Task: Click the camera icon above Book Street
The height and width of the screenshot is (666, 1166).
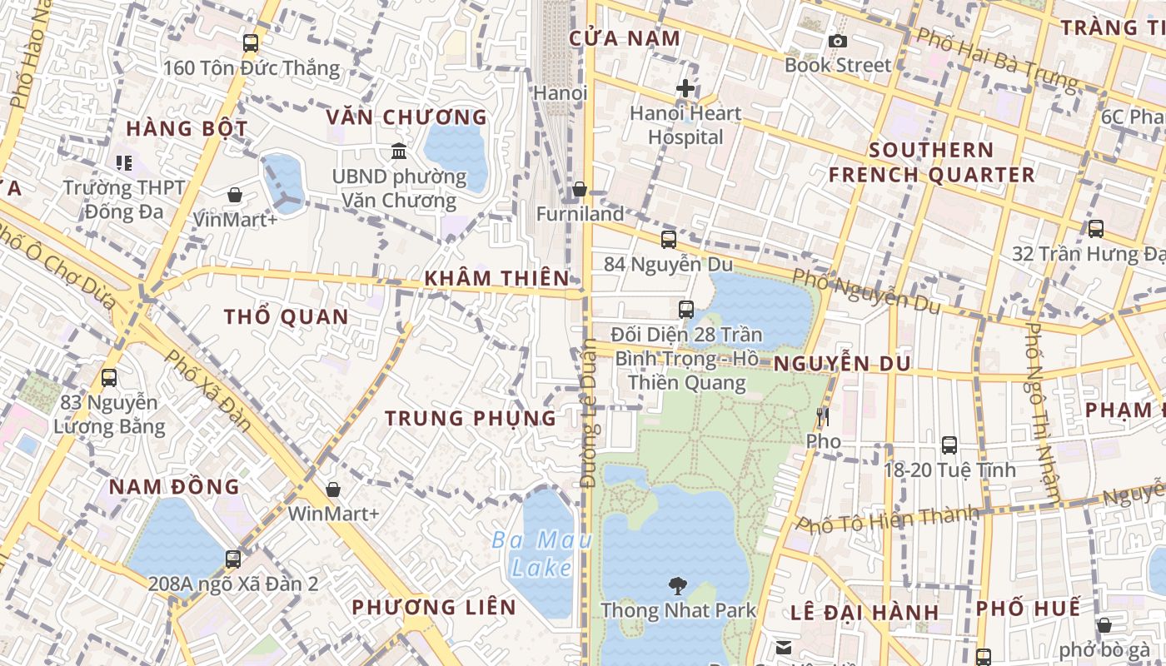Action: click(838, 41)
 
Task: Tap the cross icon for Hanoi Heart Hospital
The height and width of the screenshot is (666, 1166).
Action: click(685, 87)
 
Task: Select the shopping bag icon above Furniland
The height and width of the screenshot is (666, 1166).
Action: click(580, 190)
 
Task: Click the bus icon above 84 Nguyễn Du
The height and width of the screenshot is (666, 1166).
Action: click(668, 240)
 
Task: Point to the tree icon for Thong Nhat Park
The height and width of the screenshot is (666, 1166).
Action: click(678, 586)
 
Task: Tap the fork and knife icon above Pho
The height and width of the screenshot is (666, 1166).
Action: click(823, 416)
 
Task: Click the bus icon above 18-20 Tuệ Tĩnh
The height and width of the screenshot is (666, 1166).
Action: click(949, 445)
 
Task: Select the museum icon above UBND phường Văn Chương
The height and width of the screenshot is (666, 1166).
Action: click(399, 152)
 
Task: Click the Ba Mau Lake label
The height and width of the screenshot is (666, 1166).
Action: click(541, 554)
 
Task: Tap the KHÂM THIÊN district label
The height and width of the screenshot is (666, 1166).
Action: click(496, 278)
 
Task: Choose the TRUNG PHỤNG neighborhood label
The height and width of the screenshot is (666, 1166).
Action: click(471, 418)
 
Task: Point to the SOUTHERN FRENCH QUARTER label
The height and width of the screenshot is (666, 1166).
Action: click(931, 162)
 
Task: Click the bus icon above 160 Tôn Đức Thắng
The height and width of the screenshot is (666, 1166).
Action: click(251, 43)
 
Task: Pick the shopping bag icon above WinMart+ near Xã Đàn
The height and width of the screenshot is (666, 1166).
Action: click(333, 489)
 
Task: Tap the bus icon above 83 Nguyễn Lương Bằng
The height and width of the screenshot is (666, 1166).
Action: click(109, 378)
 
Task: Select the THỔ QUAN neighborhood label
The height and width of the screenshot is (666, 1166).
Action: click(286, 316)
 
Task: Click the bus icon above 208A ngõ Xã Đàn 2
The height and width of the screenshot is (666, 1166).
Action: click(233, 559)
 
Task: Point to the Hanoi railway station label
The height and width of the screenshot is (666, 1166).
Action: click(561, 92)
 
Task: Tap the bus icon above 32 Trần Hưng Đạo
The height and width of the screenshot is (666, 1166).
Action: click(1096, 228)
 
